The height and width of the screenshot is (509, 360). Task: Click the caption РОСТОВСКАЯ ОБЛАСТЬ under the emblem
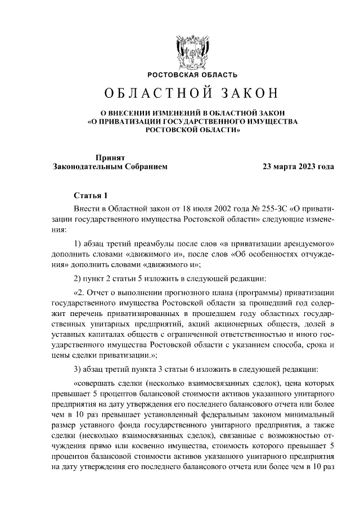click(192, 75)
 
